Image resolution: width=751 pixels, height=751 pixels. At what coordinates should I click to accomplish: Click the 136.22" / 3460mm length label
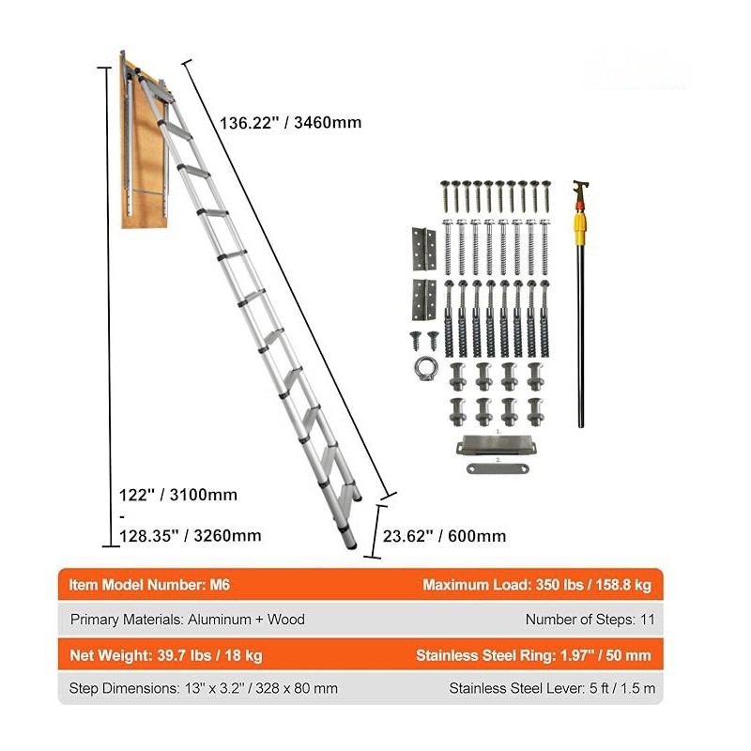coord(290,123)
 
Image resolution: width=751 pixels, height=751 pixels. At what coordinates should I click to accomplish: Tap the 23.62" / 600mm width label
coord(444,535)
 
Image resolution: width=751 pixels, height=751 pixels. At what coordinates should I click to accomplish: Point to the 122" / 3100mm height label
coord(178,495)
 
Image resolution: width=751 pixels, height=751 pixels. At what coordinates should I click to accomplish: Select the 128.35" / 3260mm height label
coord(191,535)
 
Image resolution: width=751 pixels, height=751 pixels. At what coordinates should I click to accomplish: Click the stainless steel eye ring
coord(425,369)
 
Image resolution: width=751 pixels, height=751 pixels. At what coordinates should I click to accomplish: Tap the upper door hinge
coord(424,249)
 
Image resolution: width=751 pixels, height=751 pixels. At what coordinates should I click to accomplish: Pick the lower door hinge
coord(424,300)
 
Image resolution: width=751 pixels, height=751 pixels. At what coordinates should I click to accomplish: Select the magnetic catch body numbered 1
coord(496,445)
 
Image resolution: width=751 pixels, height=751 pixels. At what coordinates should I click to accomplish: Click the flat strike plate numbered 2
coord(498,467)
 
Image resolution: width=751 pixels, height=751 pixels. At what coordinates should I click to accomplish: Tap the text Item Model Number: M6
coord(149,584)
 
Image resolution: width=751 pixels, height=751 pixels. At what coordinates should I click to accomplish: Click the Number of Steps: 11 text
coord(590,620)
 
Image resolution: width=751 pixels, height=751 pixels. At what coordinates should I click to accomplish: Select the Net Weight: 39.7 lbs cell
coord(166,654)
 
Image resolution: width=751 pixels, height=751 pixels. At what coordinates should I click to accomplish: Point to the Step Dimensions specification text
coord(203,688)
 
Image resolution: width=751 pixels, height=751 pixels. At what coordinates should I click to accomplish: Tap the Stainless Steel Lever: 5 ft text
coord(552,688)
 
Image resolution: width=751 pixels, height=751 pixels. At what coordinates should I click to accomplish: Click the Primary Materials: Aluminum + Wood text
coord(187,620)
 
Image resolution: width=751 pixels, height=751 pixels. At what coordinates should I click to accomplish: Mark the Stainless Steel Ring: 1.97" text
coord(533,654)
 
